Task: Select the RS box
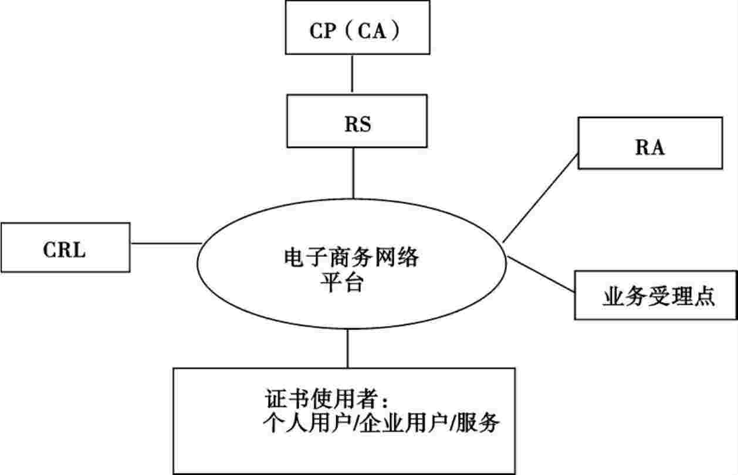point(357,123)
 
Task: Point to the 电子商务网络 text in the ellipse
point(351,258)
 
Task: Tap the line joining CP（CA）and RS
point(353,75)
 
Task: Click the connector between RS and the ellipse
point(353,172)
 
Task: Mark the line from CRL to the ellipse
point(166,243)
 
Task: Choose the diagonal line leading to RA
point(540,197)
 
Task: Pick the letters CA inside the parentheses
point(373,30)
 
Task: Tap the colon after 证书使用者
point(384,401)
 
